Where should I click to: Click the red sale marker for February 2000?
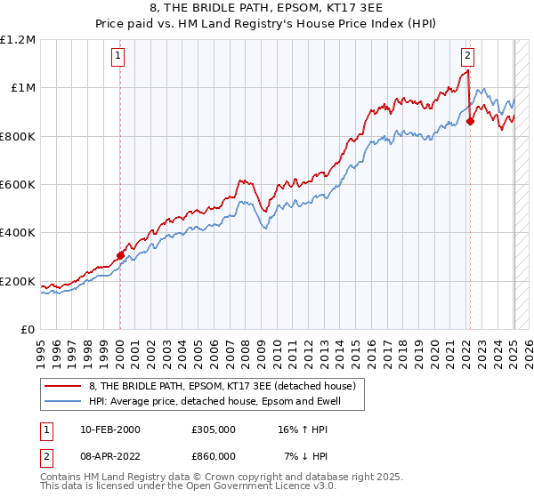120,255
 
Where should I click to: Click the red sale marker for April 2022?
470,122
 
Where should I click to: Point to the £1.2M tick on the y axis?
18,40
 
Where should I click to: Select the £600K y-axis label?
17,185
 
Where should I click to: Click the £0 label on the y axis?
27,330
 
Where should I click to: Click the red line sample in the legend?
63,386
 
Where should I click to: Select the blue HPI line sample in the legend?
63,401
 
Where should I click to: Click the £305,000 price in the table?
214,429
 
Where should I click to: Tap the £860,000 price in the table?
214,455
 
